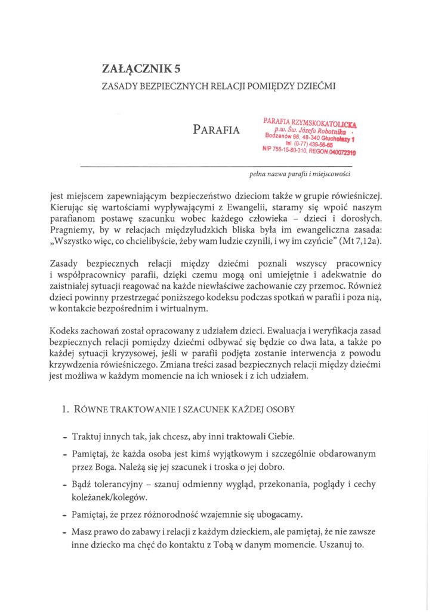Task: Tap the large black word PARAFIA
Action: pyautogui.click(x=216, y=130)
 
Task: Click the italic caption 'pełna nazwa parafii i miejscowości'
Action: pyautogui.click(x=300, y=175)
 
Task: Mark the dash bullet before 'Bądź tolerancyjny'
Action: pyautogui.click(x=64, y=484)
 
